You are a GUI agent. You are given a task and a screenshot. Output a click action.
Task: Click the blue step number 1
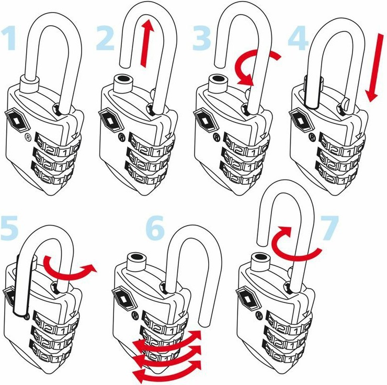(9, 38)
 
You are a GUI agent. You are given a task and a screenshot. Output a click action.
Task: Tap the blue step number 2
(106, 38)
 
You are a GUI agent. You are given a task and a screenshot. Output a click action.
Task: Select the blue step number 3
(201, 38)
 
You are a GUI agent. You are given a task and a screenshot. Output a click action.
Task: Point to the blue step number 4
(298, 38)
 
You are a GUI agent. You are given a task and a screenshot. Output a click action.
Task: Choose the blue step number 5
(9, 228)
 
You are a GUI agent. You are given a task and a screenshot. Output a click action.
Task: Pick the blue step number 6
(155, 228)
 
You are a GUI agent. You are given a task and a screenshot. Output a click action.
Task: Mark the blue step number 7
(329, 228)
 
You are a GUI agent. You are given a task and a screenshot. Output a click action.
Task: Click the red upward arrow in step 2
(147, 43)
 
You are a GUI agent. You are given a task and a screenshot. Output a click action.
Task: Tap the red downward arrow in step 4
(374, 68)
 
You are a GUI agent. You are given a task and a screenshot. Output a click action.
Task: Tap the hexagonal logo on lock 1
(17, 120)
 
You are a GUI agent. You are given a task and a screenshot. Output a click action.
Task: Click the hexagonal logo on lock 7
(248, 299)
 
